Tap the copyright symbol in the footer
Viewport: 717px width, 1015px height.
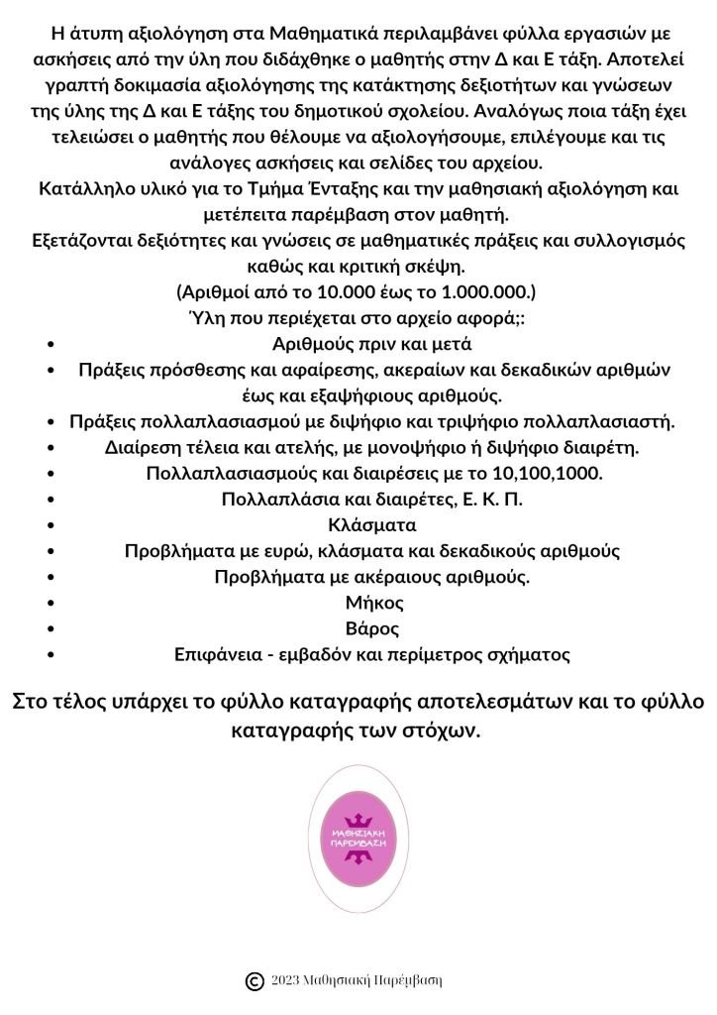(x=254, y=981)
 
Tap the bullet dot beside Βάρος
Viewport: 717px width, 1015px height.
(x=51, y=628)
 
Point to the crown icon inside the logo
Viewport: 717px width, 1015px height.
(x=358, y=819)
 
